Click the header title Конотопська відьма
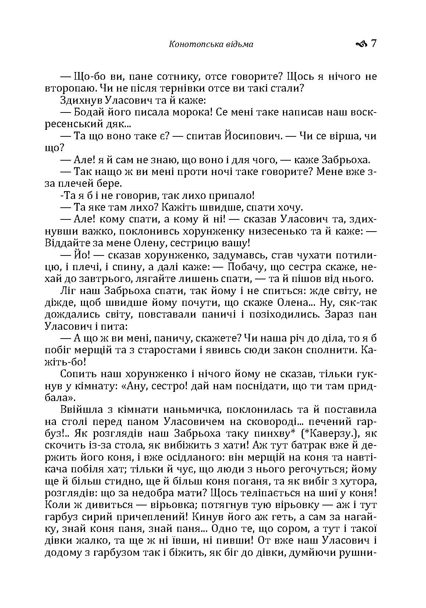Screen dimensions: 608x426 pos(211,44)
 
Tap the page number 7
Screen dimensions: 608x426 pos(373,44)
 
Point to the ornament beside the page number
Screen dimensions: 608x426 pos(361,44)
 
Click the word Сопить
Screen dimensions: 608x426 pos(76,374)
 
